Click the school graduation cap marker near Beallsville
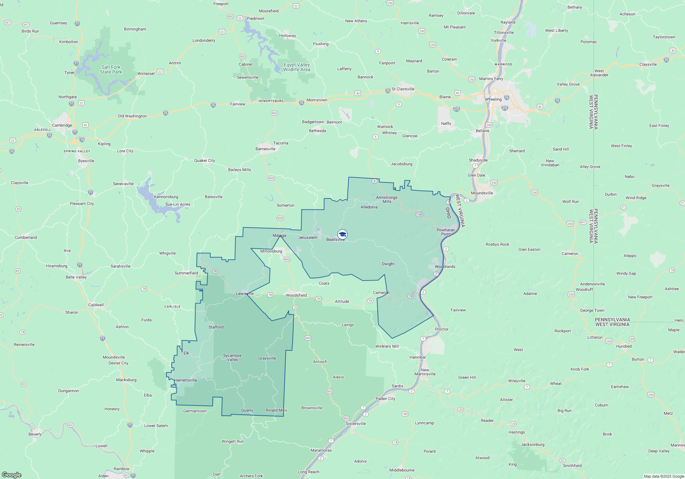pos(342,234)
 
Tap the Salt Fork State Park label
pos(111,70)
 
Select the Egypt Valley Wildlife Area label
pos(297,67)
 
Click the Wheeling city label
pos(493,99)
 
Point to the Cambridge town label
pos(62,125)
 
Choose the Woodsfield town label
pos(296,295)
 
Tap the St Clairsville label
pos(403,89)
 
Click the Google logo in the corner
pos(12,475)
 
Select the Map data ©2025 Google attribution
pos(663,476)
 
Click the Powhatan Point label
pos(446,232)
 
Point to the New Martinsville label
pos(425,372)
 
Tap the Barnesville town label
pos(265,149)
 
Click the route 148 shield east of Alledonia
pos(419,215)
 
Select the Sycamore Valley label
pos(232,358)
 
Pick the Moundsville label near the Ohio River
pos(482,193)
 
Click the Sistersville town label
pos(356,424)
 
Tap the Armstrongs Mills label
pos(387,199)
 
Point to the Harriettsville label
pos(186,380)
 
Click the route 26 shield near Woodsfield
pos(295,308)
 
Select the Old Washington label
pos(132,116)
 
